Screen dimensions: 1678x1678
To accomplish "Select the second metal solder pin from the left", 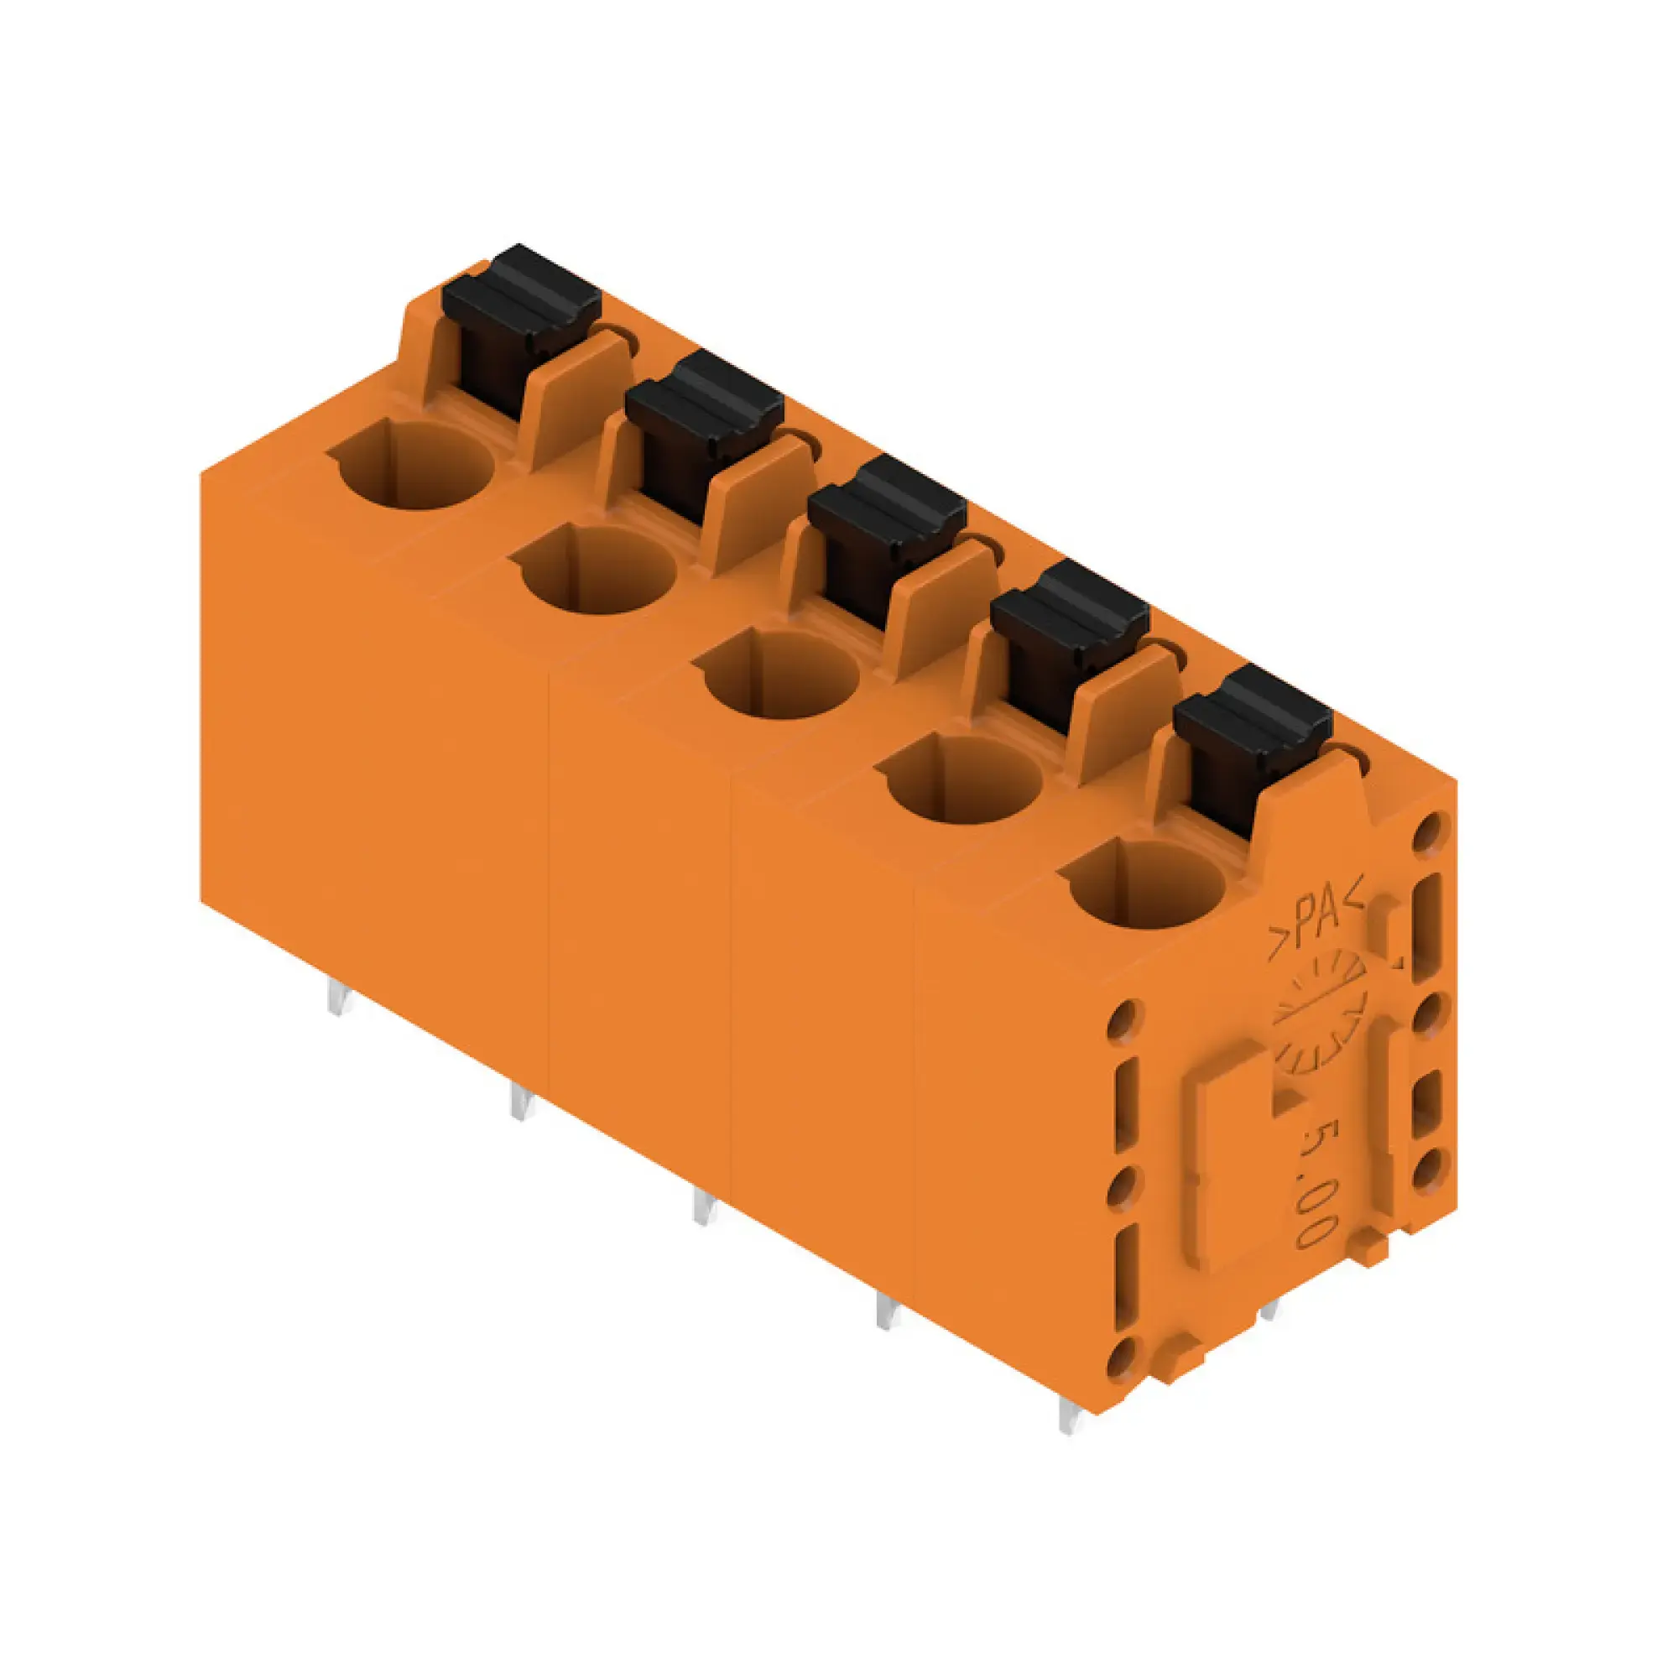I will [x=519, y=1102].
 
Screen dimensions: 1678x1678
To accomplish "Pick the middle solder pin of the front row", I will [x=705, y=1207].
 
